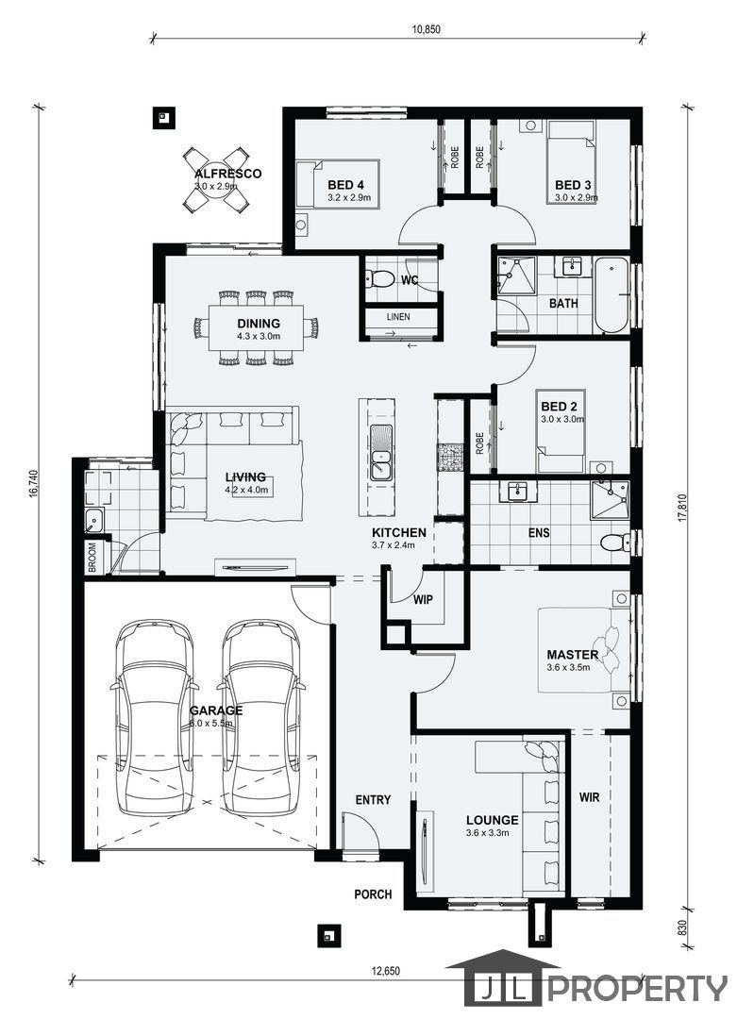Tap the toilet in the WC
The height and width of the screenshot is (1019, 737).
click(x=380, y=279)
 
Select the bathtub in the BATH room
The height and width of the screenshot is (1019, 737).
click(x=611, y=295)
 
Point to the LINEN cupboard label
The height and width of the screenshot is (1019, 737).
click(x=398, y=317)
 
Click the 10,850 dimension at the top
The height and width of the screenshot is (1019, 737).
click(x=426, y=29)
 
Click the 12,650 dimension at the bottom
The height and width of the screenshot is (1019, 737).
click(x=386, y=972)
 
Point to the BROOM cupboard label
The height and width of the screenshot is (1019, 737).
click(x=92, y=558)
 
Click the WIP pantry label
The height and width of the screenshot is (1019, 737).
click(x=423, y=600)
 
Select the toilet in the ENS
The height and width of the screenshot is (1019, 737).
click(x=615, y=542)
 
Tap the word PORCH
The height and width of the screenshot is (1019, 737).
click(x=373, y=894)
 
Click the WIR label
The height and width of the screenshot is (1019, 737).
click(x=590, y=796)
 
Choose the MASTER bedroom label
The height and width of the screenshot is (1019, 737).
click(x=573, y=655)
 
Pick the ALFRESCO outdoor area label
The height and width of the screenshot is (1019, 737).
click(x=228, y=174)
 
